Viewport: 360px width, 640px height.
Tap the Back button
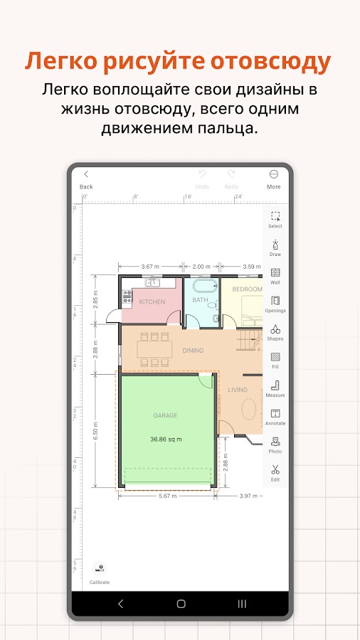(x=86, y=179)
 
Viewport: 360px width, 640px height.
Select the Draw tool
(x=275, y=247)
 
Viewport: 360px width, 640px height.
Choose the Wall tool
(x=275, y=276)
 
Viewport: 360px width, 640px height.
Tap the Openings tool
(x=275, y=304)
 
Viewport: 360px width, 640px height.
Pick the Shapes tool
(x=275, y=332)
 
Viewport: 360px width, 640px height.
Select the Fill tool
(x=275, y=361)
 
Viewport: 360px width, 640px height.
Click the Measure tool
(x=275, y=388)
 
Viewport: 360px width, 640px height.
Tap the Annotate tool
(x=275, y=417)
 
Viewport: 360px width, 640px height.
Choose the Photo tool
(x=275, y=445)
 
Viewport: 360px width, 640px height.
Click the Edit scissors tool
(x=275, y=473)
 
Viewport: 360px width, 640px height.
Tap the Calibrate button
(x=100, y=573)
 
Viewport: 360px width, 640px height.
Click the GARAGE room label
(x=165, y=415)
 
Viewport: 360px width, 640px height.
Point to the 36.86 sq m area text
(x=166, y=439)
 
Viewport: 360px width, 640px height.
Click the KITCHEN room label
(x=152, y=302)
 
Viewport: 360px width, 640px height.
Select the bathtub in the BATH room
(x=206, y=286)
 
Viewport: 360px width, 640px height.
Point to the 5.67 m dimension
(x=168, y=496)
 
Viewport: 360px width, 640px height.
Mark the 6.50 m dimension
(x=95, y=431)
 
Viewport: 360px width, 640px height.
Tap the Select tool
(x=275, y=220)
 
